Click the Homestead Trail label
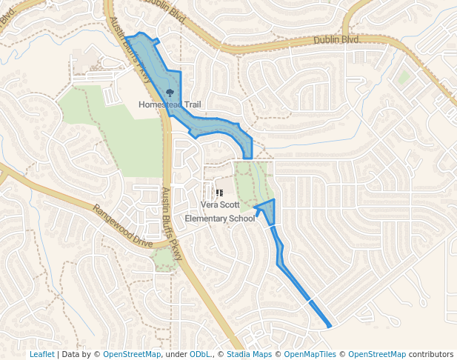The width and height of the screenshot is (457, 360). (x=170, y=104)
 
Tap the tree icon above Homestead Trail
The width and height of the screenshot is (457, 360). (x=170, y=93)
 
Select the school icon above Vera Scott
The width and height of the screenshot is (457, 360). (x=219, y=193)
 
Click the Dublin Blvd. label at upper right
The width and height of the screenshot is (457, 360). (x=336, y=40)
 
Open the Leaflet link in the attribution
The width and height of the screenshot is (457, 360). (x=41, y=354)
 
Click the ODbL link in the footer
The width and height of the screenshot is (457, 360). (x=199, y=354)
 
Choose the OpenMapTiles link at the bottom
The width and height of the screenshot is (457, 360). (x=310, y=354)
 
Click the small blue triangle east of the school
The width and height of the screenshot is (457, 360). (x=268, y=210)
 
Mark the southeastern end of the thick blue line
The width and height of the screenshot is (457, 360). (x=330, y=325)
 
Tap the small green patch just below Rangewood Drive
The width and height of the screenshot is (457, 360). (x=164, y=259)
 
